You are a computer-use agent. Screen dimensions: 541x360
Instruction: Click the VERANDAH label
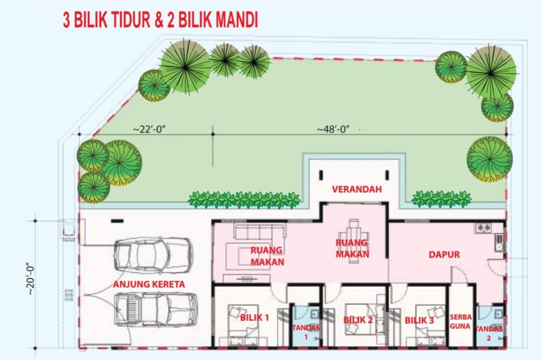pyautogui.click(x=357, y=189)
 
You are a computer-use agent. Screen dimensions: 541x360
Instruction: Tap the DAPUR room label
pyautogui.click(x=444, y=255)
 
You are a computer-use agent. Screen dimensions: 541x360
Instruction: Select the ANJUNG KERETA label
pyautogui.click(x=149, y=284)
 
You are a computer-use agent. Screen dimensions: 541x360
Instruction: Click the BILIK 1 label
pyautogui.click(x=254, y=318)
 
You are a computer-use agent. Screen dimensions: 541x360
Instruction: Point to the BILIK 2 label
pyautogui.click(x=358, y=320)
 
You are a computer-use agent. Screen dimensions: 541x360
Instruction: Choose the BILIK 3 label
pyautogui.click(x=419, y=321)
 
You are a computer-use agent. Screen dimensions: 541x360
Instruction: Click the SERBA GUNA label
pyautogui.click(x=460, y=322)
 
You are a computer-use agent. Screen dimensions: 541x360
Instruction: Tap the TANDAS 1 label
pyautogui.click(x=306, y=332)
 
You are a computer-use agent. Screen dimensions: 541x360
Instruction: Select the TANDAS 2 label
pyautogui.click(x=489, y=333)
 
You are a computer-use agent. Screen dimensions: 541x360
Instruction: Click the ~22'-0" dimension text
pyautogui.click(x=149, y=129)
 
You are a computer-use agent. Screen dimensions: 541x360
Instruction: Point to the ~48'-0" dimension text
pyautogui.click(x=333, y=129)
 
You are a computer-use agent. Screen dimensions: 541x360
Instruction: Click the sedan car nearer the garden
pyautogui.click(x=153, y=256)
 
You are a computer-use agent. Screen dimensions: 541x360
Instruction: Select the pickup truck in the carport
pyautogui.click(x=156, y=310)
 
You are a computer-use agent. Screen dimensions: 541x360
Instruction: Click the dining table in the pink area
pyautogui.click(x=354, y=241)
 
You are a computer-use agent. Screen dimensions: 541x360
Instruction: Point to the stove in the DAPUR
pyautogui.click(x=483, y=228)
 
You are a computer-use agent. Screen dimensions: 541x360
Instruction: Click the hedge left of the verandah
pyautogui.click(x=244, y=200)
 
